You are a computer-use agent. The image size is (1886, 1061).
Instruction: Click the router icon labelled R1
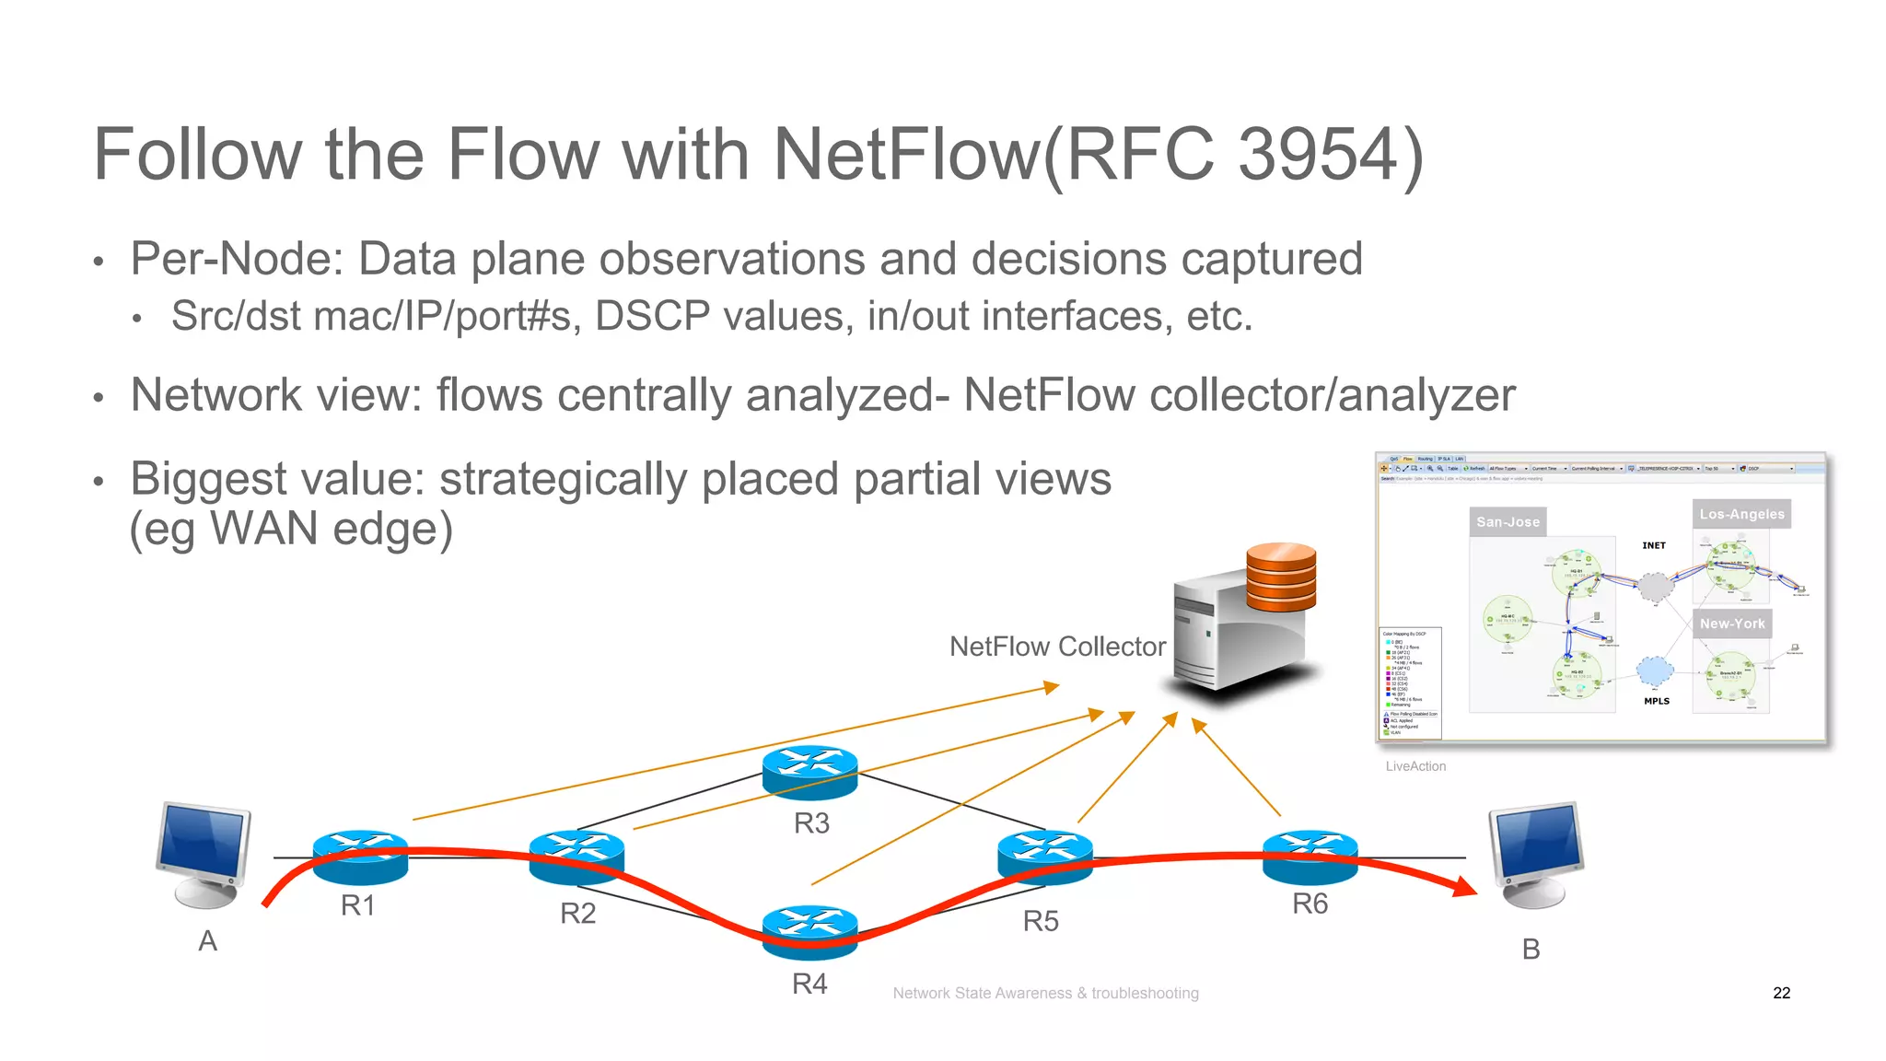[360, 857]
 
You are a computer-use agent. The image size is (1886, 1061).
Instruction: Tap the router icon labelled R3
[810, 772]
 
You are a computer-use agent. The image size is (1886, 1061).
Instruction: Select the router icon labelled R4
[810, 932]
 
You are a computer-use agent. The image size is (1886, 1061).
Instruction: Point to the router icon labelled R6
[1310, 856]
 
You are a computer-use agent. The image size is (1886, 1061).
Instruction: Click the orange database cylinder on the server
[1281, 577]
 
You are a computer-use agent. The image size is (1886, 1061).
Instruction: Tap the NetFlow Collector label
[1057, 647]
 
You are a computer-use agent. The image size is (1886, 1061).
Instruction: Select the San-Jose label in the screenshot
[1508, 521]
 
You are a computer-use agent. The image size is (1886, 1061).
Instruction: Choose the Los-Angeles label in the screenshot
[1741, 514]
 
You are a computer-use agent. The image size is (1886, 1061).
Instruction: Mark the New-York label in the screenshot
[1732, 624]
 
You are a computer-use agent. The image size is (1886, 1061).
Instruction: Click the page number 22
[1781, 993]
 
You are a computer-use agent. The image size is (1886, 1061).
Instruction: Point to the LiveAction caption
[1415, 766]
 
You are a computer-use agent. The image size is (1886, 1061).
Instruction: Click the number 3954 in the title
[1319, 154]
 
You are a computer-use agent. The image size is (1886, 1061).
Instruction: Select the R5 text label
[1041, 921]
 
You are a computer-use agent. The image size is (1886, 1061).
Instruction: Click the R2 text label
[577, 914]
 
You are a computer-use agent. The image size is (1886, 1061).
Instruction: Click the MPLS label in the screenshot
[1656, 701]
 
